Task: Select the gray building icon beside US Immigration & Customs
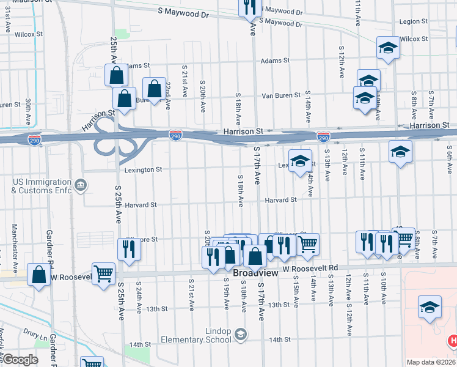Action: pyautogui.click(x=80, y=185)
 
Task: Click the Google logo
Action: pyautogui.click(x=20, y=360)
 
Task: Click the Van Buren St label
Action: pyautogui.click(x=280, y=95)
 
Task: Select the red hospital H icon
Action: pyautogui.click(x=453, y=340)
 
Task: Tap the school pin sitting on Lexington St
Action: pyautogui.click(x=299, y=161)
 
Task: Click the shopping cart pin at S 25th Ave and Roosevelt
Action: pyautogui.click(x=103, y=273)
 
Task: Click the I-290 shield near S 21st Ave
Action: pyautogui.click(x=175, y=134)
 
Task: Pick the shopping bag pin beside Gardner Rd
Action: pyautogui.click(x=39, y=275)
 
